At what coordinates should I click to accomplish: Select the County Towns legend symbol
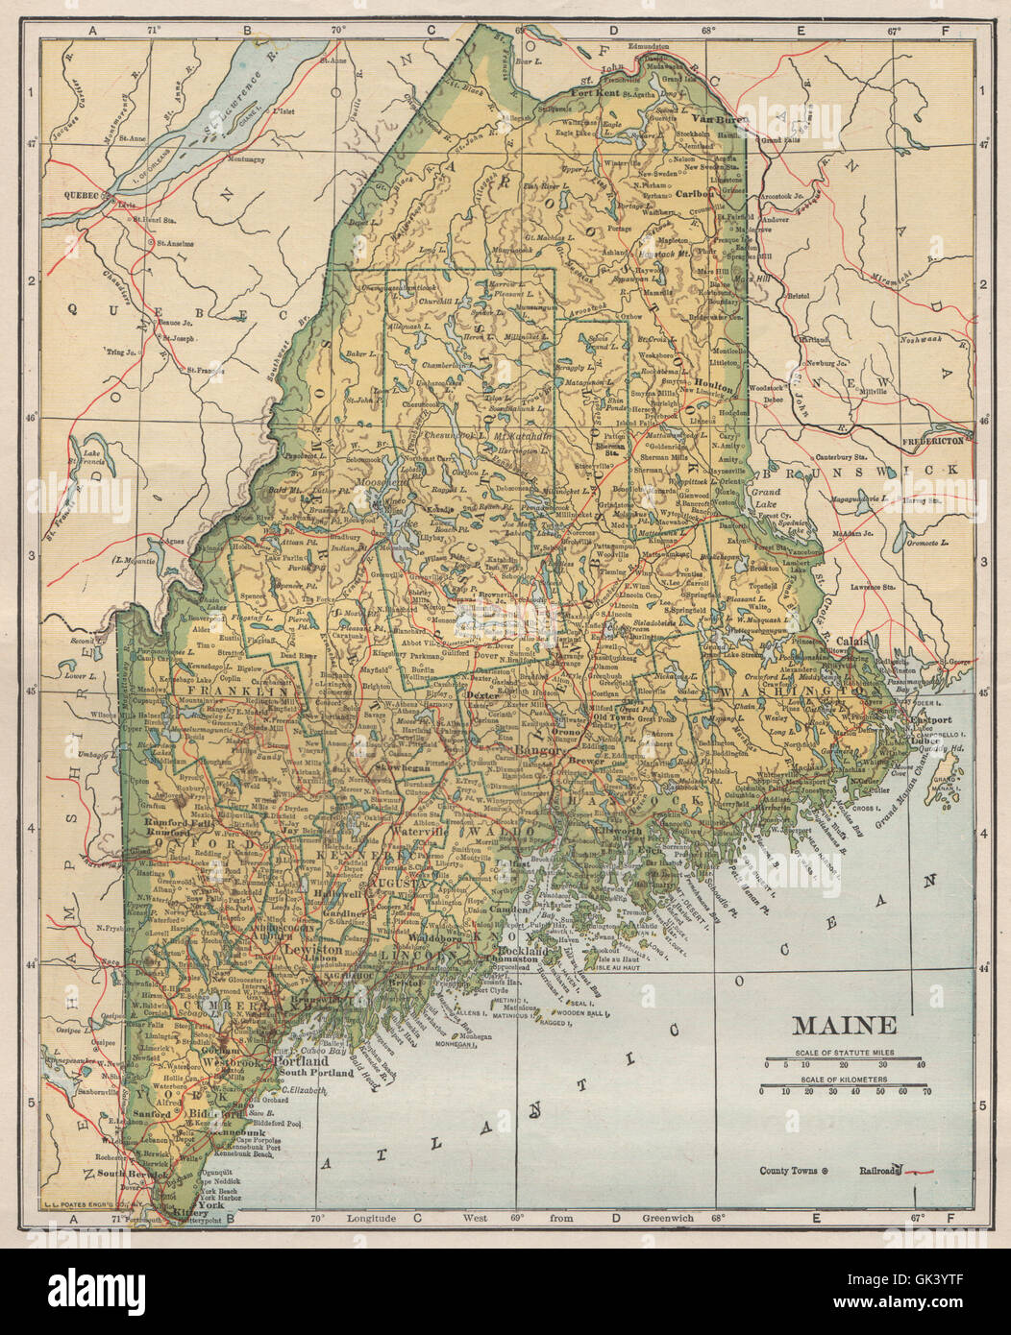click(x=826, y=1171)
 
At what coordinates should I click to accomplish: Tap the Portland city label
click(x=302, y=1063)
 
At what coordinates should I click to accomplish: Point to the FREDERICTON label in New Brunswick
click(x=933, y=440)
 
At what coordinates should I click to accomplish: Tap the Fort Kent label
click(x=593, y=93)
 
